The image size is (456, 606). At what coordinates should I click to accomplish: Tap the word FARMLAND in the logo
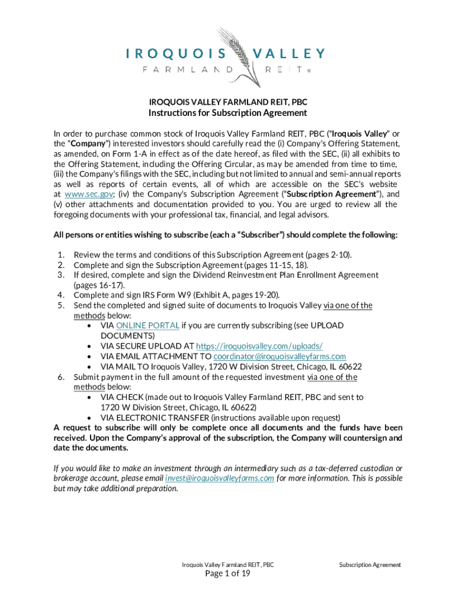pos(188,69)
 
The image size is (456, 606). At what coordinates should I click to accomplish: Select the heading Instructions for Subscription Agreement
pos(228,112)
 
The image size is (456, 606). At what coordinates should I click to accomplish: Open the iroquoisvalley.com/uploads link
pos(259,346)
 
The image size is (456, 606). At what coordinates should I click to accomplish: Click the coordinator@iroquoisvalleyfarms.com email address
pos(280,356)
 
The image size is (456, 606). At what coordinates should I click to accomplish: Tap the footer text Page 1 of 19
pos(228,574)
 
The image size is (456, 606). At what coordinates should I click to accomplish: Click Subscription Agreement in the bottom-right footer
pos(370,565)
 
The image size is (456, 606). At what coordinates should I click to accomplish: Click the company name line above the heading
pos(228,101)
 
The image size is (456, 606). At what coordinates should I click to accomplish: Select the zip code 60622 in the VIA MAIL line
pos(349,366)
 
